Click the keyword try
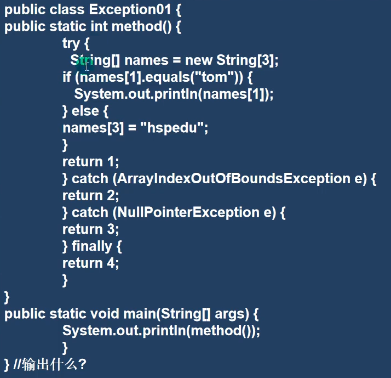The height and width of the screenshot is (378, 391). coord(71,43)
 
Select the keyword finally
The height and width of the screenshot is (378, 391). coord(91,247)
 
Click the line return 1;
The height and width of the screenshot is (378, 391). coord(90,162)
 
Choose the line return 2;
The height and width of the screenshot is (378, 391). coord(90,196)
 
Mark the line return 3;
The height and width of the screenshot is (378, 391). coord(90,230)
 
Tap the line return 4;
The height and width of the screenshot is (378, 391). coord(90,263)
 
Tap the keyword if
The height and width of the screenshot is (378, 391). coord(67,77)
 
